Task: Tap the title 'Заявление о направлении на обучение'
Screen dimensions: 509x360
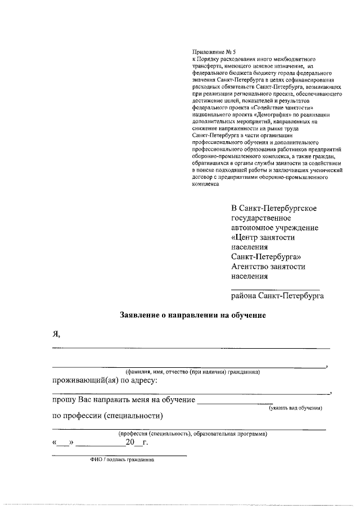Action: tap(192, 316)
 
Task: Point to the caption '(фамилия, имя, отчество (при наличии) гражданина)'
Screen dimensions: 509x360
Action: tap(192, 372)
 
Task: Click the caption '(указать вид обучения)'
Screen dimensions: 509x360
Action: tap(295, 408)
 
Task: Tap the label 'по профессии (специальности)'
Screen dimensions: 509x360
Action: tap(107, 416)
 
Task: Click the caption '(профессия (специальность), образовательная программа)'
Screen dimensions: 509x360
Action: tap(192, 434)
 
